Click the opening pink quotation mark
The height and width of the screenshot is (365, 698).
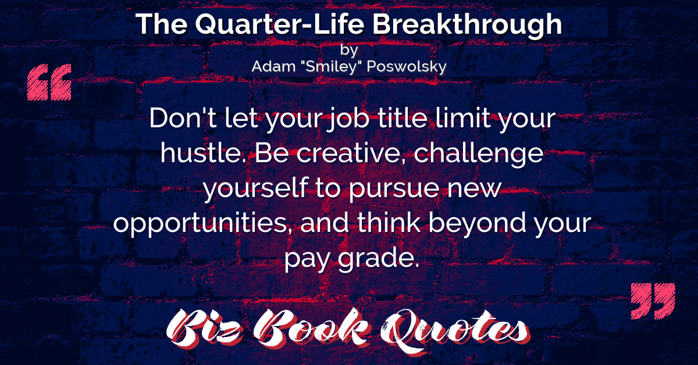coord(49,82)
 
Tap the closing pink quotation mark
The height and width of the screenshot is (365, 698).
coord(653,301)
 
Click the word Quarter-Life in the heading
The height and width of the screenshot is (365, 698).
coord(280,24)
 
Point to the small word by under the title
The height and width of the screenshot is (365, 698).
coord(349,50)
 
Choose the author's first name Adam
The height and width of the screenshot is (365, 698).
coord(273,66)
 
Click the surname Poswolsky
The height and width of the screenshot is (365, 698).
coord(407,67)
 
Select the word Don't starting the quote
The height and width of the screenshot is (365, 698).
coord(183,118)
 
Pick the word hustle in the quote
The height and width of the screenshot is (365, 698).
coord(202,153)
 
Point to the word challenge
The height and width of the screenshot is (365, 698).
coord(479,155)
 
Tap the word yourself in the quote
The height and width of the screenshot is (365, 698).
coord(255,188)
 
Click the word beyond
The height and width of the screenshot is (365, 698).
coord(478,223)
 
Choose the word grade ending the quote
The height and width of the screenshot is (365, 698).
coord(379,258)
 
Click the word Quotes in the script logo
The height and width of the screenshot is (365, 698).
coord(455,331)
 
